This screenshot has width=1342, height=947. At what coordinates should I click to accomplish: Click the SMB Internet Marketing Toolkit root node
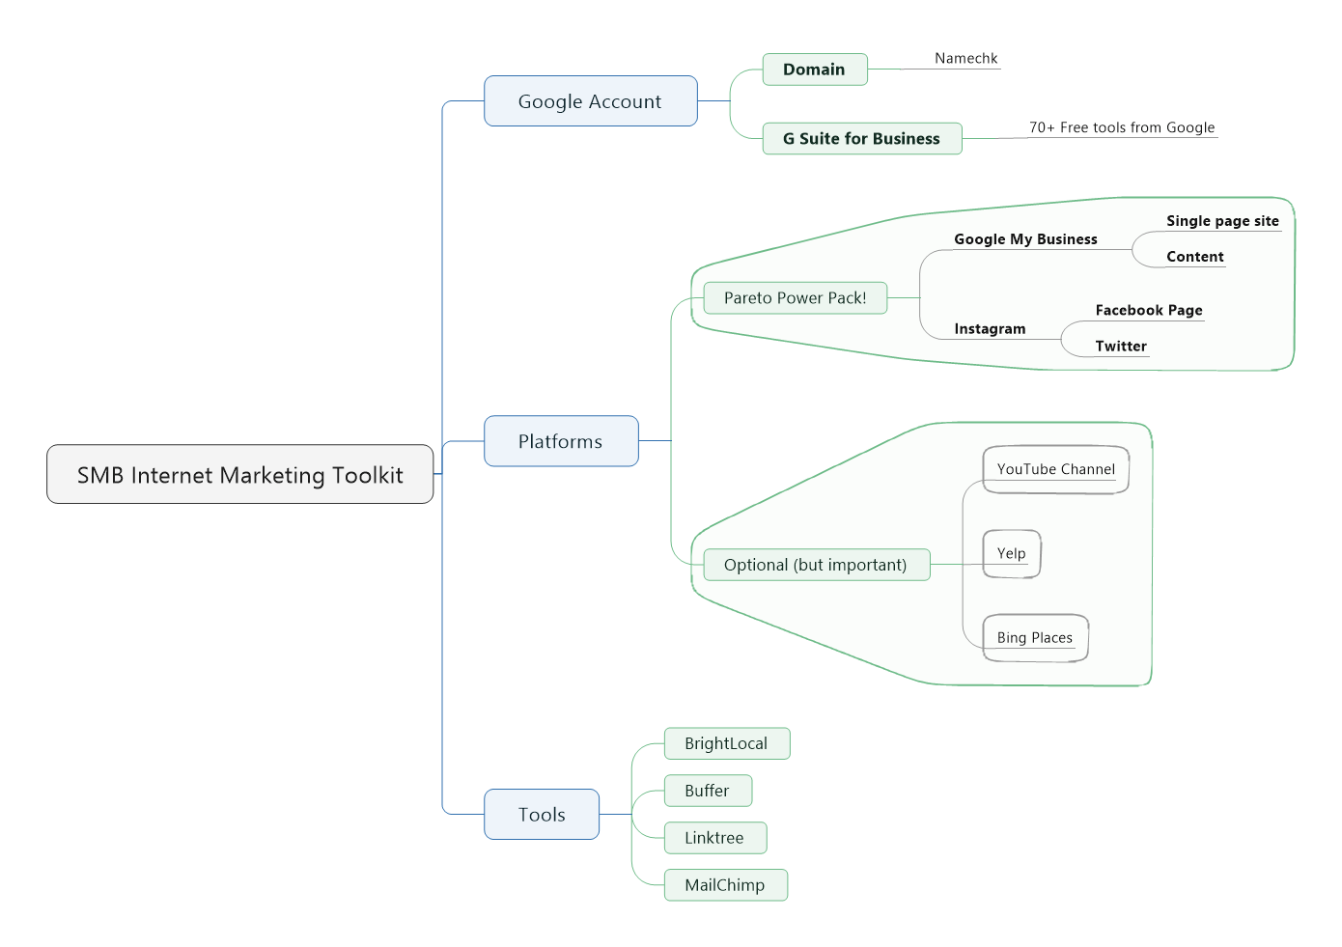tap(239, 474)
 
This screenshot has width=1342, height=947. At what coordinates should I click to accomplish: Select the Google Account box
tap(590, 101)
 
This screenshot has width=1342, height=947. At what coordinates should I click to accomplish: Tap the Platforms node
tap(560, 441)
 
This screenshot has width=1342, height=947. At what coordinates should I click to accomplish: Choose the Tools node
tap(541, 815)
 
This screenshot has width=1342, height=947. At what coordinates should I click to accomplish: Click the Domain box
tap(814, 70)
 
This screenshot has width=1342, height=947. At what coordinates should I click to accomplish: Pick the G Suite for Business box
tap(861, 139)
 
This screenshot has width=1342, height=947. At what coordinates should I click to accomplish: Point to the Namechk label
tap(965, 59)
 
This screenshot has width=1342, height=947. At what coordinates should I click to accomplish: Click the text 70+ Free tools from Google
tap(1121, 127)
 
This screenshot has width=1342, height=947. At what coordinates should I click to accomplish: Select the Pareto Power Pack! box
tap(795, 298)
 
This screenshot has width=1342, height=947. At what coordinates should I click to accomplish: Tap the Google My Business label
tap(1025, 239)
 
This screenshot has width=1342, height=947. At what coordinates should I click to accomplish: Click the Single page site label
tap(1222, 221)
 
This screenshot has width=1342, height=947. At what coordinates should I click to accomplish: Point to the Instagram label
tap(990, 329)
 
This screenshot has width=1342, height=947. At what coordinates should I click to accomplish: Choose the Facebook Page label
tap(1149, 311)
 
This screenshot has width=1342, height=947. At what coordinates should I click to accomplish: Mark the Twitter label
tap(1121, 347)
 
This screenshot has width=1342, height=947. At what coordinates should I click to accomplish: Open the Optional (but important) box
tap(815, 565)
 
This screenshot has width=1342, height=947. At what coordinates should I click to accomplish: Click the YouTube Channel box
tap(1055, 469)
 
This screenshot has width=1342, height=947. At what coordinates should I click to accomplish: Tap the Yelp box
tap(1011, 553)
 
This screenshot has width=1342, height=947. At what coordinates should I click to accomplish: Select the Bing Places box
tap(1035, 638)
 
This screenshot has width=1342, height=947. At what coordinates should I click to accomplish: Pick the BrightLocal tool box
tap(726, 743)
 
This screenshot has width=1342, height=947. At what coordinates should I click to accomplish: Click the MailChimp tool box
tap(725, 885)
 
